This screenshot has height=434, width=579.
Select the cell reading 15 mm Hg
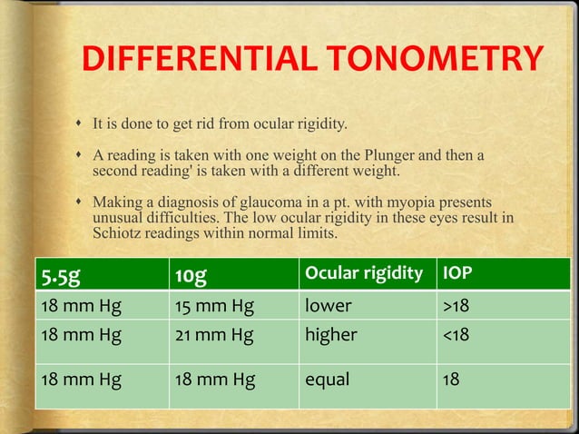(x=215, y=306)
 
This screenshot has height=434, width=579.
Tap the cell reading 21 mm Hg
(x=214, y=335)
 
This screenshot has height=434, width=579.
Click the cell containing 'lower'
(x=328, y=306)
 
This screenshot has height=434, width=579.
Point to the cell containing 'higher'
(x=331, y=335)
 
